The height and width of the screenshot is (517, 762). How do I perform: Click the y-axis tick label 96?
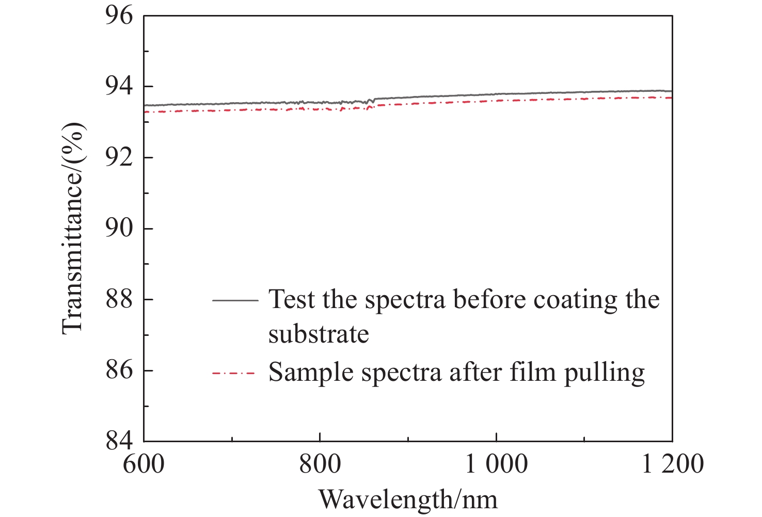pyautogui.click(x=119, y=16)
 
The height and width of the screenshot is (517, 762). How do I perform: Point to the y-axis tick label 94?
pyautogui.click(x=119, y=87)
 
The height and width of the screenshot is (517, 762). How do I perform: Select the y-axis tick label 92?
pyautogui.click(x=119, y=157)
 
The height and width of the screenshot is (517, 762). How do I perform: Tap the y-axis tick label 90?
pyautogui.click(x=119, y=229)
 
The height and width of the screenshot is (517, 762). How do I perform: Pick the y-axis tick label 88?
pyautogui.click(x=119, y=299)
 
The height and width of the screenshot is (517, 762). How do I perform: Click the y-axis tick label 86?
pyautogui.click(x=119, y=370)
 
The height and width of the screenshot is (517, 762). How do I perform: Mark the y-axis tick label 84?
pyautogui.click(x=119, y=441)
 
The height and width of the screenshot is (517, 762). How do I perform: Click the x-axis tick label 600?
pyautogui.click(x=144, y=464)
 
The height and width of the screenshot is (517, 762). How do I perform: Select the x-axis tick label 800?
pyautogui.click(x=320, y=464)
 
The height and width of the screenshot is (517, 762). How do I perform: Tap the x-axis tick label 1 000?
pyautogui.click(x=497, y=464)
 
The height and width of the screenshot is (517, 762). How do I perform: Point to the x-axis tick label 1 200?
pyautogui.click(x=672, y=464)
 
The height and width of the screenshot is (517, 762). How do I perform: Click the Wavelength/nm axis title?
pyautogui.click(x=408, y=499)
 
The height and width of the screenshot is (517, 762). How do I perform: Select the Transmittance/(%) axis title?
pyautogui.click(x=72, y=229)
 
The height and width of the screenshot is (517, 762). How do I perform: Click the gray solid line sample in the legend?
pyautogui.click(x=235, y=300)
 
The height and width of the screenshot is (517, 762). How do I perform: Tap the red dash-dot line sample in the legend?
pyautogui.click(x=235, y=373)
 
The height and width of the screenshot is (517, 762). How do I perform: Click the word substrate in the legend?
pyautogui.click(x=319, y=334)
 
